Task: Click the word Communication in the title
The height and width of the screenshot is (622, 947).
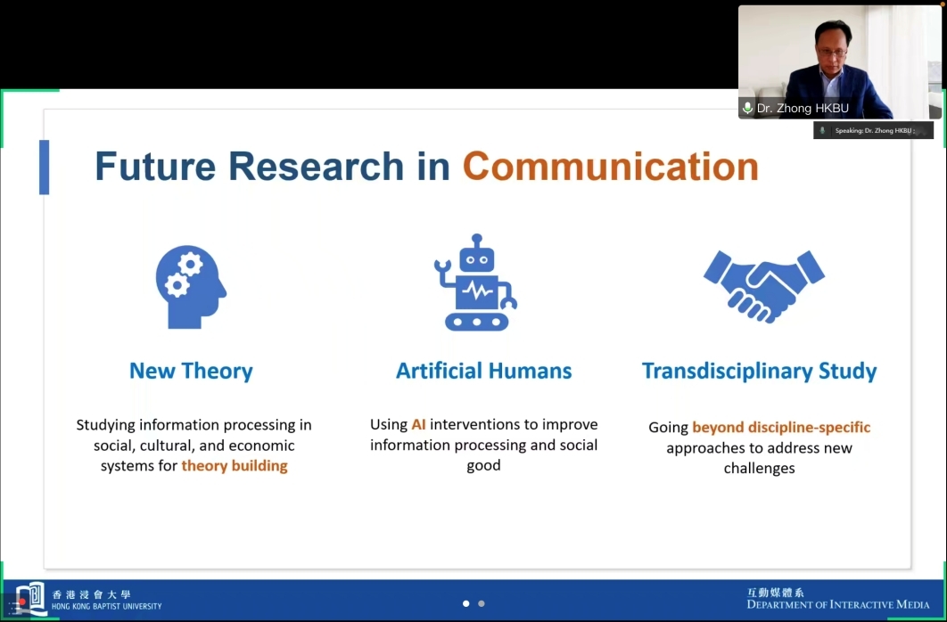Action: point(611,166)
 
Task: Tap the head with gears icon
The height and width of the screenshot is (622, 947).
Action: point(191,287)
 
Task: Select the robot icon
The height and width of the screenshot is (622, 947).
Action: point(476,282)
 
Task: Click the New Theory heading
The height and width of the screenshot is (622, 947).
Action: point(191,371)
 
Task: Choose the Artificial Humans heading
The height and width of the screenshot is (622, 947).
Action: point(484,371)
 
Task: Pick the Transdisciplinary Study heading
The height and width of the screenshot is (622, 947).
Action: point(759,371)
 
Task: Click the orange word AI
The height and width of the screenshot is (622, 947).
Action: point(418,424)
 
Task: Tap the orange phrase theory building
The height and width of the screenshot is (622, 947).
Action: point(235,466)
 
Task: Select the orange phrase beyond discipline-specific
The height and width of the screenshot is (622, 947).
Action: point(781,427)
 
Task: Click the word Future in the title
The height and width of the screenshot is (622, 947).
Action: point(155,166)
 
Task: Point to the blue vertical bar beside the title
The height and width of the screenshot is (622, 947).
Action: point(44,168)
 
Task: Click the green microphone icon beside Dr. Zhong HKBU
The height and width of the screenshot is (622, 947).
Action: point(747,108)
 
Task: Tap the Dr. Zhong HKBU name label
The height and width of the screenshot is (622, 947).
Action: point(803,109)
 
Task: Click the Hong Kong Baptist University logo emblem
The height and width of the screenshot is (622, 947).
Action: point(31,598)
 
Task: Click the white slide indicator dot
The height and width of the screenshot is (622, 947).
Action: point(465,603)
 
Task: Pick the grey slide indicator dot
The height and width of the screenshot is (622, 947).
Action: point(482,603)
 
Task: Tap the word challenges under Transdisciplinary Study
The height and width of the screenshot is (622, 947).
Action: point(759,468)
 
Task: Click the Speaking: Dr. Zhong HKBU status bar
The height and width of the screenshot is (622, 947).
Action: point(873,130)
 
